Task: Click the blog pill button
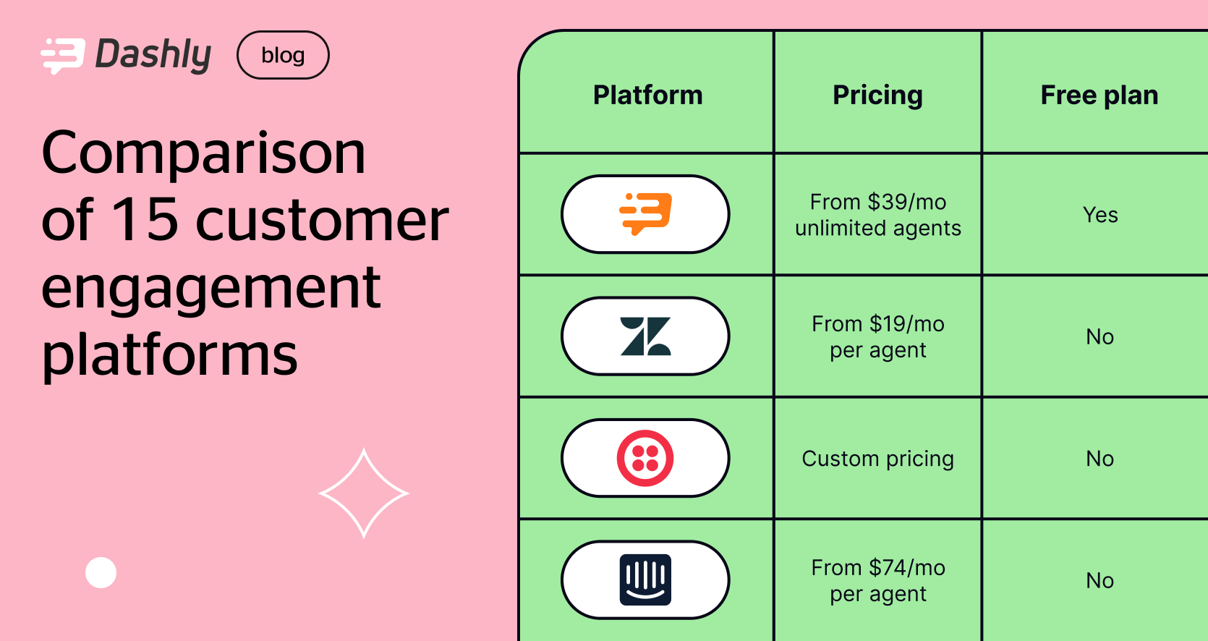[283, 55]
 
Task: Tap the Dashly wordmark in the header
[153, 55]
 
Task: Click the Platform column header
[647, 95]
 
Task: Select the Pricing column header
[877, 95]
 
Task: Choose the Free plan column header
[1099, 95]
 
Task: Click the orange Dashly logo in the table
[645, 214]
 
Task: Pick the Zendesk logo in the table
[645, 336]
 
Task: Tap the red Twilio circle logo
[645, 458]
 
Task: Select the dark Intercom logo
[645, 580]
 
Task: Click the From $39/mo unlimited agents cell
[878, 215]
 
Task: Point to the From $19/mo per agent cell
[878, 336]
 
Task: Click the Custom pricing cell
[878, 459]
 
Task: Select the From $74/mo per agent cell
[878, 580]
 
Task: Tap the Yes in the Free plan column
[1100, 215]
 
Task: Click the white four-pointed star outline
[364, 493]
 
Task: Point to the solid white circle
[101, 573]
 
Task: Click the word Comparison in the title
[204, 153]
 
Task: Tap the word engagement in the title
[210, 287]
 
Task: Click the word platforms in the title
[169, 355]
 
